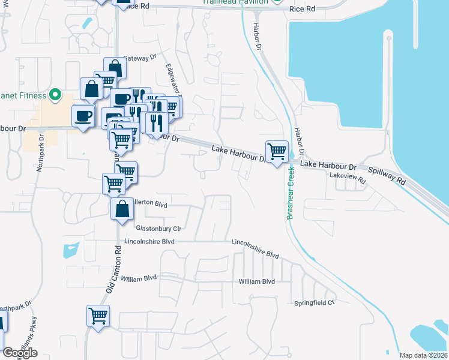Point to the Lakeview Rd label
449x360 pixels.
coord(348,175)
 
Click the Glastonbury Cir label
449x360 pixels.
coord(158,229)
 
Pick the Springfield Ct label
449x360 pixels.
coord(313,303)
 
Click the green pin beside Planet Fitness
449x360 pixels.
coord(55,95)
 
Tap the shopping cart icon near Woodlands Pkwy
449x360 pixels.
coord(98,315)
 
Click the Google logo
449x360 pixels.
coord(20,353)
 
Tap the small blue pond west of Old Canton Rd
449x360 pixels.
coord(71,249)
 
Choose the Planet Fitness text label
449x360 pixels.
coord(22,95)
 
